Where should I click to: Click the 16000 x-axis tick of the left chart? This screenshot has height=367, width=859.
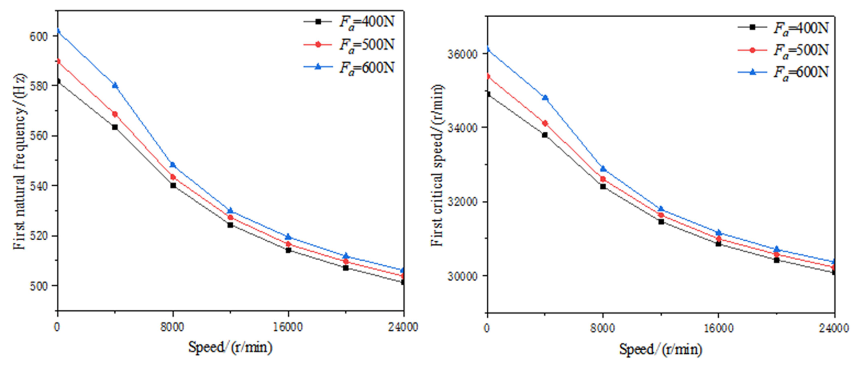[288, 327]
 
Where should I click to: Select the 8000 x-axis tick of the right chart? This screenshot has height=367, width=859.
[602, 328]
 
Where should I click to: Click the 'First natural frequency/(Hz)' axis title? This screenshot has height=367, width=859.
[21, 161]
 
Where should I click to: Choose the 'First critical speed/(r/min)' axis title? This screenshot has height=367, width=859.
[437, 165]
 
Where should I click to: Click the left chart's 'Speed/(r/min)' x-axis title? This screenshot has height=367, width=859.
[230, 347]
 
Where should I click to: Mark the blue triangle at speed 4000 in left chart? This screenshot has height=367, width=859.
[115, 85]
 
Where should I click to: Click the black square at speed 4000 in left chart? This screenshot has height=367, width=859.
[115, 127]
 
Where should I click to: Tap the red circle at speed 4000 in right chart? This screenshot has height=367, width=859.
[545, 123]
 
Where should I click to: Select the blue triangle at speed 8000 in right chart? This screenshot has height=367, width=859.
[603, 169]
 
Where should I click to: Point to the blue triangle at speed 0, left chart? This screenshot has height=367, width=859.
[58, 31]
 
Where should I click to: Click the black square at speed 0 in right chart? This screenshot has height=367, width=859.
[488, 94]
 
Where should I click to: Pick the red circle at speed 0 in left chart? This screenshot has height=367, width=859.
[58, 61]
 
